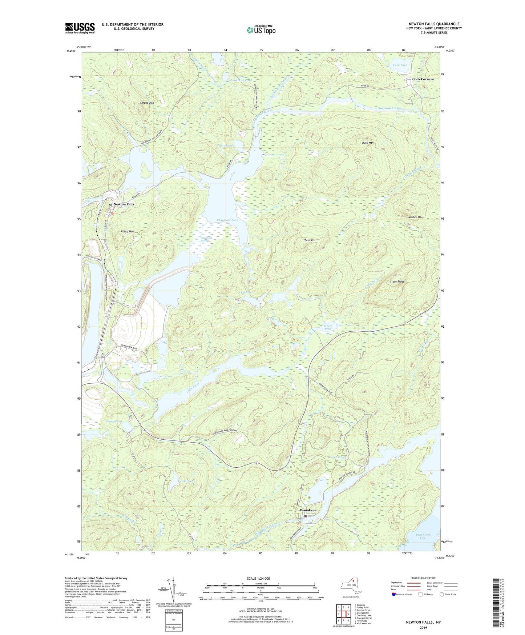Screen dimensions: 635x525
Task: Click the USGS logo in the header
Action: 80,28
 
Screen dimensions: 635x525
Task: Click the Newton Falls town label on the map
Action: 124,204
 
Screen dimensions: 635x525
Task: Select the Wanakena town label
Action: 307,510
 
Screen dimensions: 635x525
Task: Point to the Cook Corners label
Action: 423,79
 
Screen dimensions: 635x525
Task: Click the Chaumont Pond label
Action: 227,220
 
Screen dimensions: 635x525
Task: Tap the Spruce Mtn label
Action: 147,103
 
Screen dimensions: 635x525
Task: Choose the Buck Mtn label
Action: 368,143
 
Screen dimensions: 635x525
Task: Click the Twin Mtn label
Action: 310,240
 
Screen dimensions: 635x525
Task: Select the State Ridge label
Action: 397,281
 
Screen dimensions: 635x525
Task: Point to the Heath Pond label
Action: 328,327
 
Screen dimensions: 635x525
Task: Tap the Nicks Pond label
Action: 187,481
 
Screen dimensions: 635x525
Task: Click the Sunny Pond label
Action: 113,422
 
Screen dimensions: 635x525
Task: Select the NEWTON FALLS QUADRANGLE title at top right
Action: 434,24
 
